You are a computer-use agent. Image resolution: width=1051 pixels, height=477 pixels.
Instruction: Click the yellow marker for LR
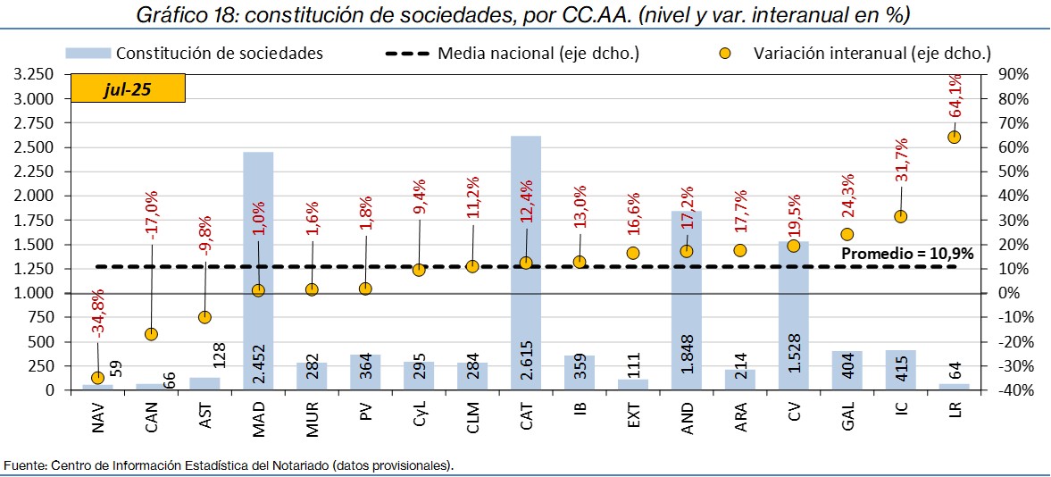[x=954, y=137]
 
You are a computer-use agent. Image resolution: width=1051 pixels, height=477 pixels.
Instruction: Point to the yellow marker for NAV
[x=97, y=378]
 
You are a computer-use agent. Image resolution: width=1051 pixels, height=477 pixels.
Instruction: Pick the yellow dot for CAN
[x=151, y=334]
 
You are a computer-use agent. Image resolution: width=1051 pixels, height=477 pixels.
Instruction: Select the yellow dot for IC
[x=900, y=216]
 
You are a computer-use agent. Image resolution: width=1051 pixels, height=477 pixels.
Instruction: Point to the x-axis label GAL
[x=847, y=419]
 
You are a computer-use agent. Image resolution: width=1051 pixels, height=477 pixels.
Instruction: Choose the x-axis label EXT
[x=633, y=419]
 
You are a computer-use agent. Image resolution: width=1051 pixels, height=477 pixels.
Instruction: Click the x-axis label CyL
[x=419, y=419]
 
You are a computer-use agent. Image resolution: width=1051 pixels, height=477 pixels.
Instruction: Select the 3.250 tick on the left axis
[x=34, y=74]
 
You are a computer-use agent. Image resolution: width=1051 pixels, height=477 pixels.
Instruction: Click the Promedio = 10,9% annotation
[x=907, y=254]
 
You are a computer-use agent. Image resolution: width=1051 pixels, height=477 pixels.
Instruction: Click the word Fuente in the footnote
[x=23, y=465]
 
